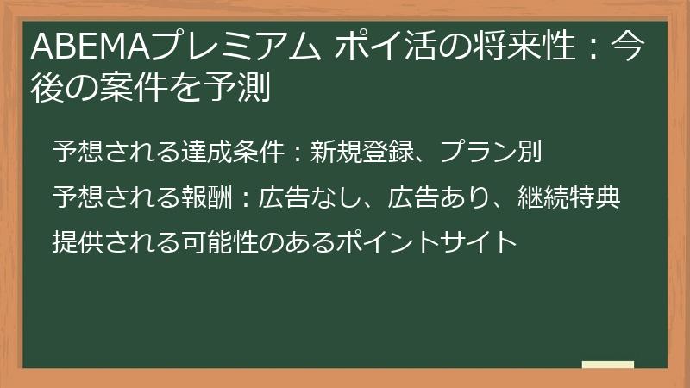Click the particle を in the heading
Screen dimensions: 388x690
pyautogui.click(x=198, y=86)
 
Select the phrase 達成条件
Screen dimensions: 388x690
pyautogui.click(x=232, y=153)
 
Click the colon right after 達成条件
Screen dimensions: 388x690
pyautogui.click(x=297, y=153)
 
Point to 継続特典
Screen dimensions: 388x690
pyautogui.click(x=568, y=197)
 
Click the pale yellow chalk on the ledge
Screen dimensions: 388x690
pyautogui.click(x=607, y=365)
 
